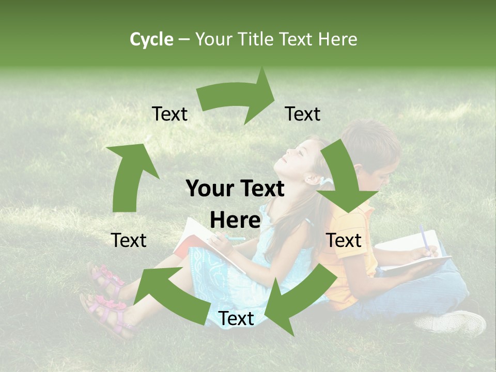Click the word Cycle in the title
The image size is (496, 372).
(151, 39)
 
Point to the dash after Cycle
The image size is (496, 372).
(184, 39)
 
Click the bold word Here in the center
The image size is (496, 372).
(235, 220)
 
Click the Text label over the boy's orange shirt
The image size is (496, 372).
(344, 240)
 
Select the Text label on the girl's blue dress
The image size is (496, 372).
(236, 319)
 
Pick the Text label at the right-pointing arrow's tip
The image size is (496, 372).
(303, 114)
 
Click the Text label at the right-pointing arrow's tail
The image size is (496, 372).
(169, 114)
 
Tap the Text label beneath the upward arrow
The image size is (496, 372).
(129, 240)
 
